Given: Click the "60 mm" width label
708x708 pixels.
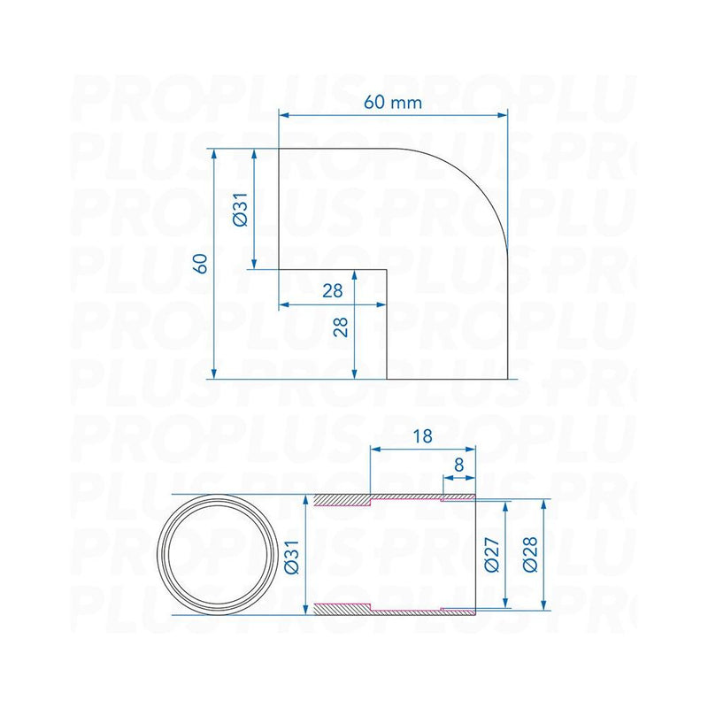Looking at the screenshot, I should pos(393,102).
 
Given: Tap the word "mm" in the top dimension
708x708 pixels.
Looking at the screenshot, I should pos(406,102).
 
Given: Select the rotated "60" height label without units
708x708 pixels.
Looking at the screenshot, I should pos(203,263).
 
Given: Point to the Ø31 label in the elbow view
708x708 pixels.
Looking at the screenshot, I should pos(240,209).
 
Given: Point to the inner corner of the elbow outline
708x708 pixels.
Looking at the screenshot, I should pos(387,270).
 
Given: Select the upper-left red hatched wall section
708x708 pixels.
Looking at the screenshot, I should pos(342,501).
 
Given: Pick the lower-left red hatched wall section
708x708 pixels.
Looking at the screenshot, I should pos(342,608).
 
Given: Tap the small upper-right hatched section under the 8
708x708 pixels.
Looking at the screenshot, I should pos(458,496).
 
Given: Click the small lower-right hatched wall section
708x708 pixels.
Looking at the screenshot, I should pos(458,610).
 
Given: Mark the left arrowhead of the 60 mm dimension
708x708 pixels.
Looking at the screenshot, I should pos(284,113).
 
